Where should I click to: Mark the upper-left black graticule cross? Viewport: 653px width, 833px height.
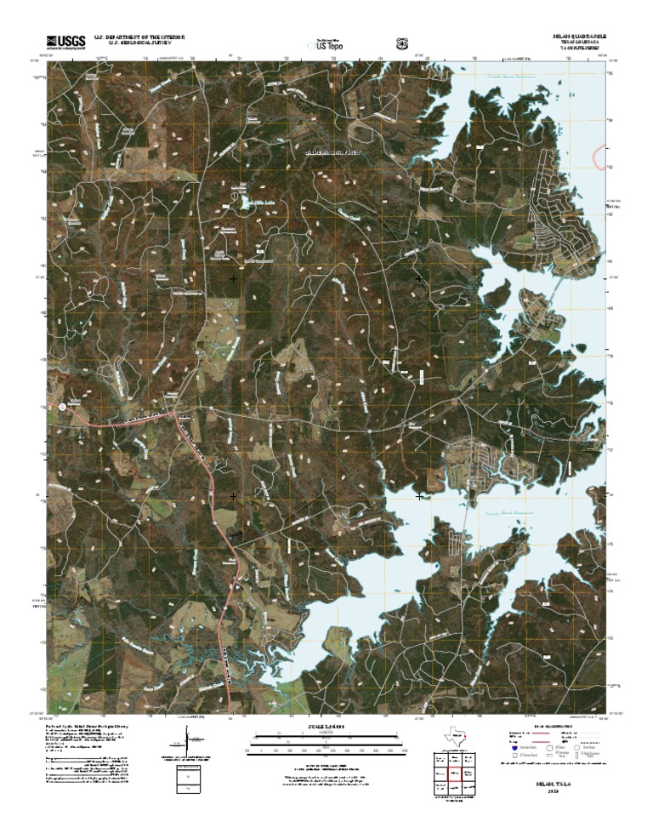[233, 278]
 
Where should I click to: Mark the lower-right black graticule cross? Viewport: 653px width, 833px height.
[419, 495]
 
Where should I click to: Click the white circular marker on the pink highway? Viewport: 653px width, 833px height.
[62, 408]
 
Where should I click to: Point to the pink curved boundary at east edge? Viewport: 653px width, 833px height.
[605, 157]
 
